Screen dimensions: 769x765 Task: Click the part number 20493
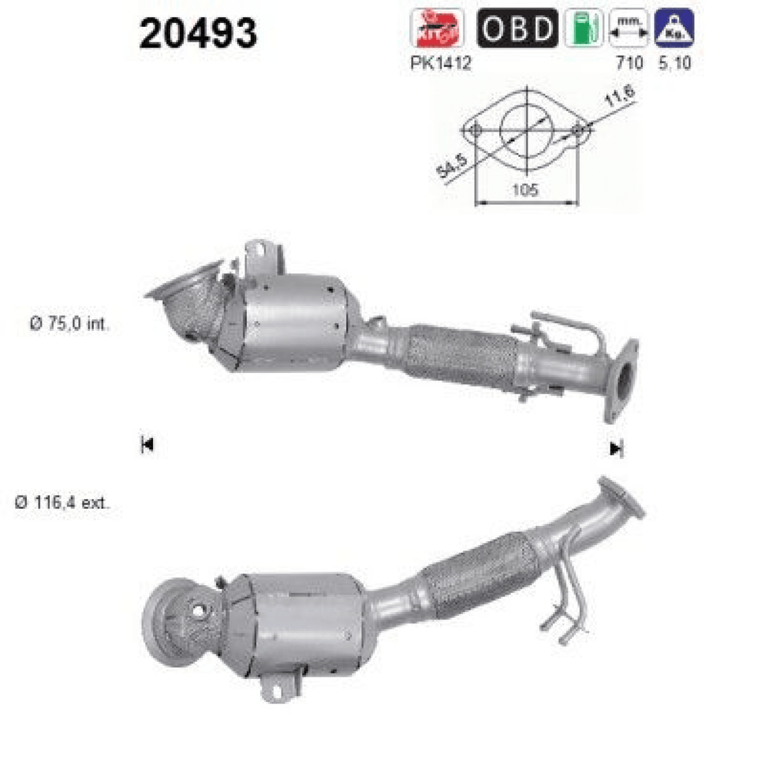(x=198, y=33)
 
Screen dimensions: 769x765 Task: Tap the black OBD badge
(x=518, y=28)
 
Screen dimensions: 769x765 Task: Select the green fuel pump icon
(x=584, y=28)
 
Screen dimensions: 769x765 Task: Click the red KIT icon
(x=437, y=28)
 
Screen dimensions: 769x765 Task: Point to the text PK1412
(x=441, y=63)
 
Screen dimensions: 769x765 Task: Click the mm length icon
(x=629, y=28)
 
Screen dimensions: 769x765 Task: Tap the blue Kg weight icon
(x=674, y=28)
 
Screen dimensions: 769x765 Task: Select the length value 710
(x=629, y=63)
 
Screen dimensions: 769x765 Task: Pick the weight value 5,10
(x=675, y=63)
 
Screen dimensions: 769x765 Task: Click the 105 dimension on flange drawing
(x=525, y=190)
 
